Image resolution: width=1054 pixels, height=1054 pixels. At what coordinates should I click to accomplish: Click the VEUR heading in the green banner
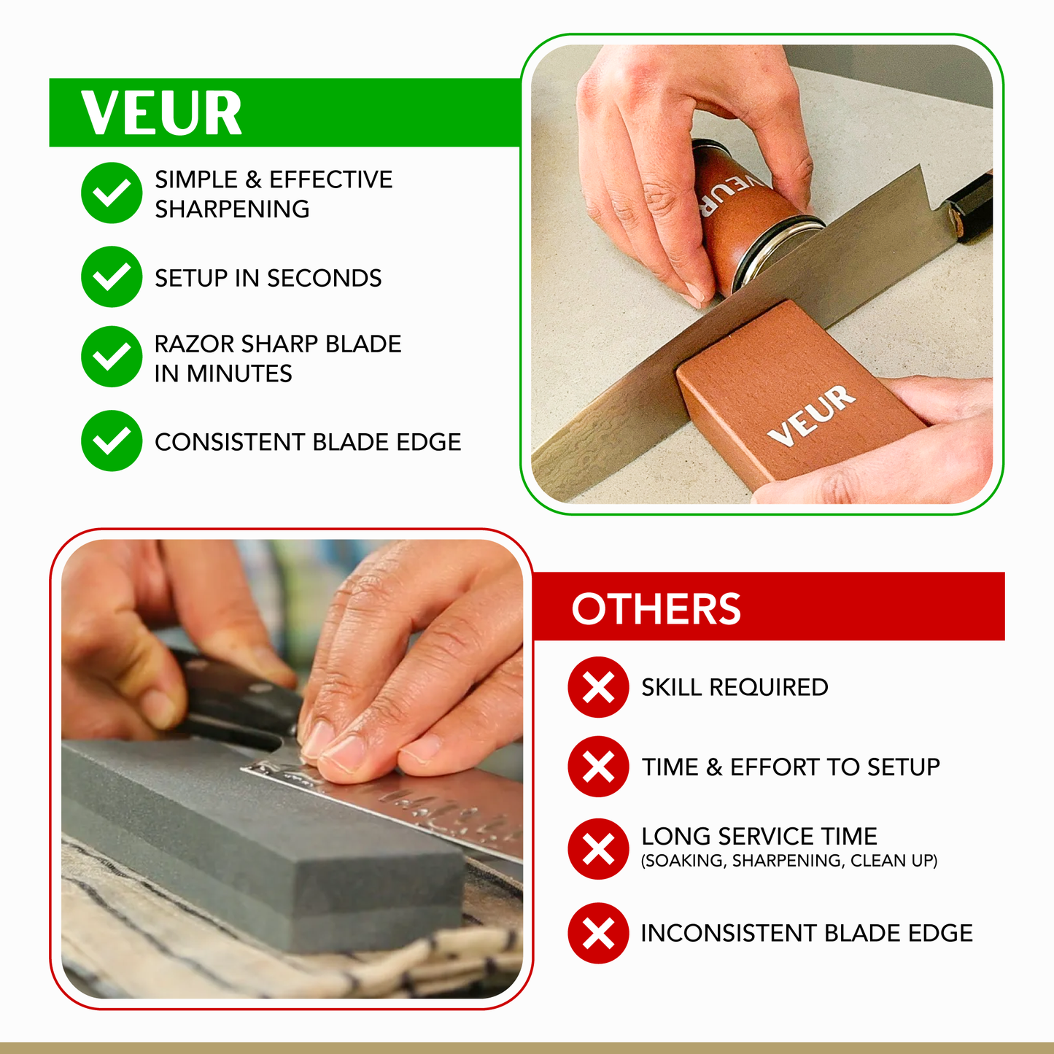[161, 113]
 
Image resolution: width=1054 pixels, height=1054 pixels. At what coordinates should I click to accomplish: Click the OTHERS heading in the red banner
[656, 609]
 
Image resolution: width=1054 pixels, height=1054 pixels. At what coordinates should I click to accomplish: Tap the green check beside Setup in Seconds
[112, 276]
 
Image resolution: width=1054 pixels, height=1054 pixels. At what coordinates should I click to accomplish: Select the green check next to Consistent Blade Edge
[112, 441]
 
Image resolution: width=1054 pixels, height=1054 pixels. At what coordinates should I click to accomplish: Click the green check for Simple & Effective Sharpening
[112, 193]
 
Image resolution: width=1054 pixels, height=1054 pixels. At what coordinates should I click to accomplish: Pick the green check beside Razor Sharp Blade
[112, 357]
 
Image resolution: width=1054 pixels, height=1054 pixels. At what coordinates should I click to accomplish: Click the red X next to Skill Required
[598, 687]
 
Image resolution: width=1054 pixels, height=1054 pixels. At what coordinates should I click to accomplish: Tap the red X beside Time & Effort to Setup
[598, 767]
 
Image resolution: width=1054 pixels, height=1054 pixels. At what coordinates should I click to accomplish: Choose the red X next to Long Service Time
[598, 849]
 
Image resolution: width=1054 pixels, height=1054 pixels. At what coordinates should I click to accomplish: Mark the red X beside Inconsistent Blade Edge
[598, 933]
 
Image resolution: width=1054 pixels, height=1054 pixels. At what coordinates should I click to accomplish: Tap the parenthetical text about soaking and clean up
[788, 861]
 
